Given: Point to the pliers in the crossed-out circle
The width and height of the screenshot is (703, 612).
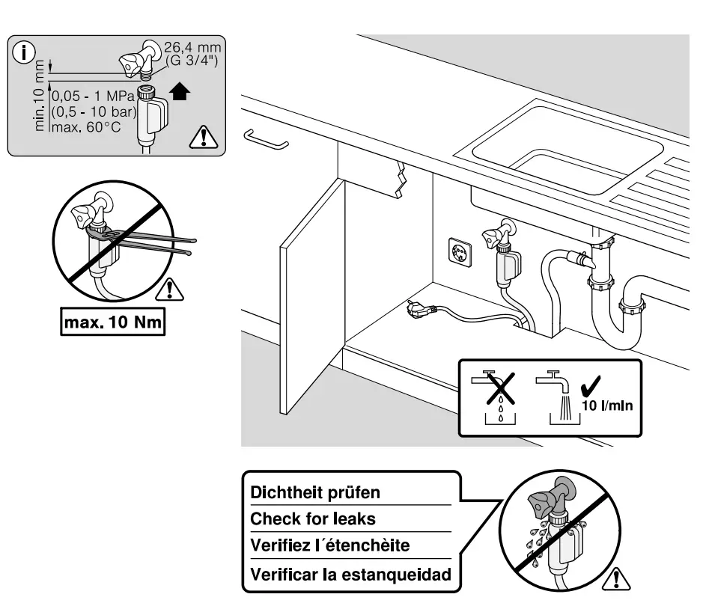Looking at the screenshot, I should [150, 244].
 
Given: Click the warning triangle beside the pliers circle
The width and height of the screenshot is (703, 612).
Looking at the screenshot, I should [174, 288].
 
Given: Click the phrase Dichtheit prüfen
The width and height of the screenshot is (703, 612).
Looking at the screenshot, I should [315, 492].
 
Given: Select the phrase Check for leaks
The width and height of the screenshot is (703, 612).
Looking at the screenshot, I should [313, 518].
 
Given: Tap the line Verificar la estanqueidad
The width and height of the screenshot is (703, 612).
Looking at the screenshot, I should [350, 575].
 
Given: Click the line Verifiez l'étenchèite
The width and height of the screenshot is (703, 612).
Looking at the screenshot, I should [330, 545].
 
